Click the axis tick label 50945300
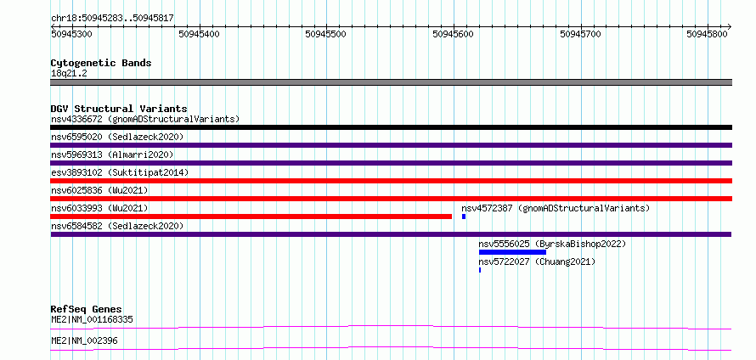tap(71, 34)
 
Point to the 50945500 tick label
tap(326, 34)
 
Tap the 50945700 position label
tap(580, 34)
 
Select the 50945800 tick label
tap(708, 34)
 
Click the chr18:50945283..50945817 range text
tap(112, 19)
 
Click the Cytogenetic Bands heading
tap(101, 63)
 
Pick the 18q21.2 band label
tap(69, 74)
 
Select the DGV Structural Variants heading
tap(119, 109)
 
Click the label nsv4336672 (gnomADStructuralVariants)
tap(145, 119)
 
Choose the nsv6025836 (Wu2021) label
tap(99, 190)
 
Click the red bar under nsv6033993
tap(251, 217)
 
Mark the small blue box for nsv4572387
tap(464, 217)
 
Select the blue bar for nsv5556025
tap(512, 252)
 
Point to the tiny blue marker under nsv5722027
tap(480, 270)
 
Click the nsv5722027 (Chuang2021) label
tap(537, 262)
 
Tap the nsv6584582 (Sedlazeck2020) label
tap(117, 226)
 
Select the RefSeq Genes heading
tap(87, 309)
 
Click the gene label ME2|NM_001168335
tap(92, 319)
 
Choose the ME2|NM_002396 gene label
tap(84, 341)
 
